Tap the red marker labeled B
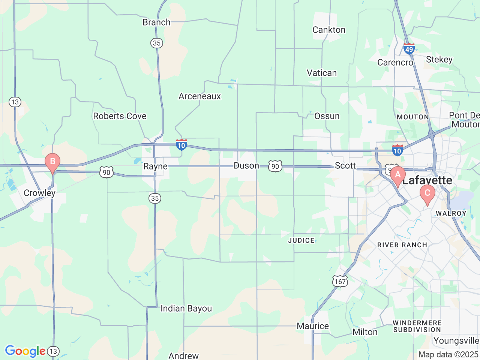pos(52,162)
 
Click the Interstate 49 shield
pos(409,49)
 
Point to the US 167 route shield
pos(340,281)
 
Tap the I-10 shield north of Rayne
pos(181,145)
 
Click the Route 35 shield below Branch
pos(157,43)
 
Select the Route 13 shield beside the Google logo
pos(53,351)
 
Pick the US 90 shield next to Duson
pos(275,166)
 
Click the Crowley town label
pos(39,193)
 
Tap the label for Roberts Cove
pos(120,116)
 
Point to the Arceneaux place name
pos(200,96)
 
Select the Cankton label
pos(329,30)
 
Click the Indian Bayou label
pos(186,309)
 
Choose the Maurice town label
pos(313,326)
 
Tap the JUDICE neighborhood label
pos(301,240)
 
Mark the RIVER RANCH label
pos(402,245)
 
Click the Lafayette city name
pos(427,180)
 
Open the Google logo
pos(25,351)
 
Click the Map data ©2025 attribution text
pos(448,354)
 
